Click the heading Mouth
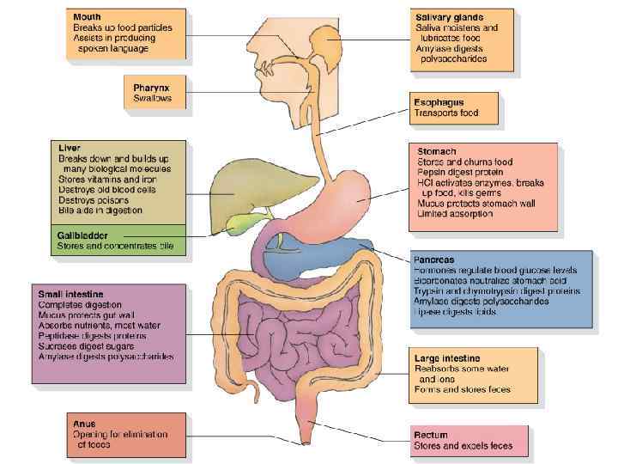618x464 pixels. (x=87, y=16)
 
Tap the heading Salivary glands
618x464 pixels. (x=449, y=17)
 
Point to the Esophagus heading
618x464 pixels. (x=441, y=102)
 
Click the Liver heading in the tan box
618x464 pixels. (x=69, y=149)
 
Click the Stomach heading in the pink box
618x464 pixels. (x=437, y=150)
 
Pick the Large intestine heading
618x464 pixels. (x=447, y=357)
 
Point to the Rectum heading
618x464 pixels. (x=432, y=436)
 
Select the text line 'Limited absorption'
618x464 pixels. (x=455, y=214)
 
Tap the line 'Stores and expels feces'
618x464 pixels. (x=463, y=447)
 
